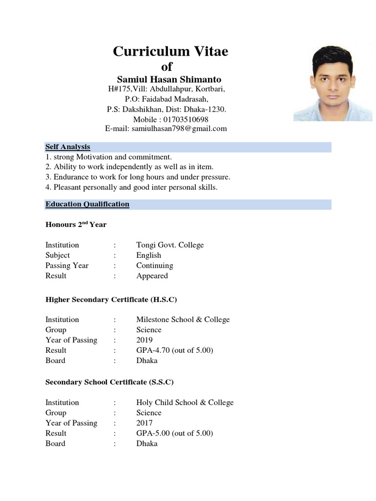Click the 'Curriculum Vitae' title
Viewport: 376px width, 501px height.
point(170,51)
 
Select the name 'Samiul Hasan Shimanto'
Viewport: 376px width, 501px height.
point(169,79)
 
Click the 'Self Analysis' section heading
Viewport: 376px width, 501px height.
point(68,147)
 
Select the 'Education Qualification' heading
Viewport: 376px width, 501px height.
point(87,204)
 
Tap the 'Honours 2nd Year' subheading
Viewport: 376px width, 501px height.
point(76,225)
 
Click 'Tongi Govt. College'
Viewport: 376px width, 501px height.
point(170,245)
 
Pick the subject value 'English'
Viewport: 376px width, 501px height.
point(148,255)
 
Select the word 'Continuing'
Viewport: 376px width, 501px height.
point(155,266)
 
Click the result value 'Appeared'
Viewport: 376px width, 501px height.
point(152,276)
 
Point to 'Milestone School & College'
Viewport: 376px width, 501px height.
point(183,319)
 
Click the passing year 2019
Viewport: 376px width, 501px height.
point(144,340)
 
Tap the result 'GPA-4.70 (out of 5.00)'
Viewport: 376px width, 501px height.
point(175,350)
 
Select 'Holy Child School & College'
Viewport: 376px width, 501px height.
point(185,403)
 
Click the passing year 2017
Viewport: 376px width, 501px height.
point(144,423)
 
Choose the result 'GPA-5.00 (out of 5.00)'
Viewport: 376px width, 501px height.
point(175,433)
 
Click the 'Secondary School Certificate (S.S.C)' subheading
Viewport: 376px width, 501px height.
point(109,382)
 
